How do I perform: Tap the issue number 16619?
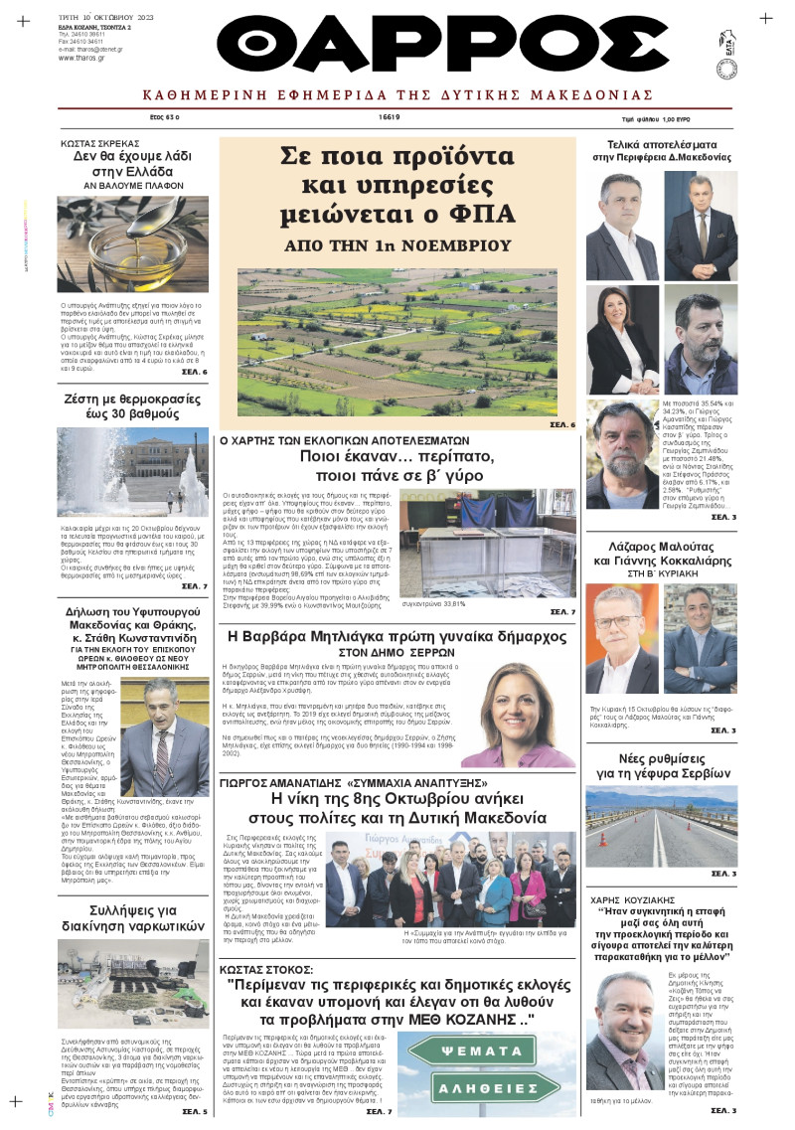tap(389, 117)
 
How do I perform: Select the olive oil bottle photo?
tap(132, 243)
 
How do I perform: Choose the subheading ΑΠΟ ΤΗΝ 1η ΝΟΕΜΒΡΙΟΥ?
tap(397, 244)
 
